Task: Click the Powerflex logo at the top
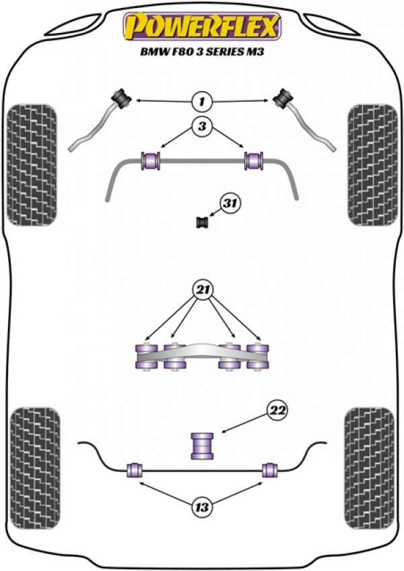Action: tap(201, 26)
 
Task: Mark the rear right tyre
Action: tap(370, 462)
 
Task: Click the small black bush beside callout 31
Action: tap(201, 222)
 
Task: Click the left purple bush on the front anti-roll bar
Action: tap(150, 161)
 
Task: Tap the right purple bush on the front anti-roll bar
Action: tap(253, 161)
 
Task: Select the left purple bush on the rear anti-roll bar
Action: tap(133, 469)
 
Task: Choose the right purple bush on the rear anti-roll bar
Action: tap(271, 469)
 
